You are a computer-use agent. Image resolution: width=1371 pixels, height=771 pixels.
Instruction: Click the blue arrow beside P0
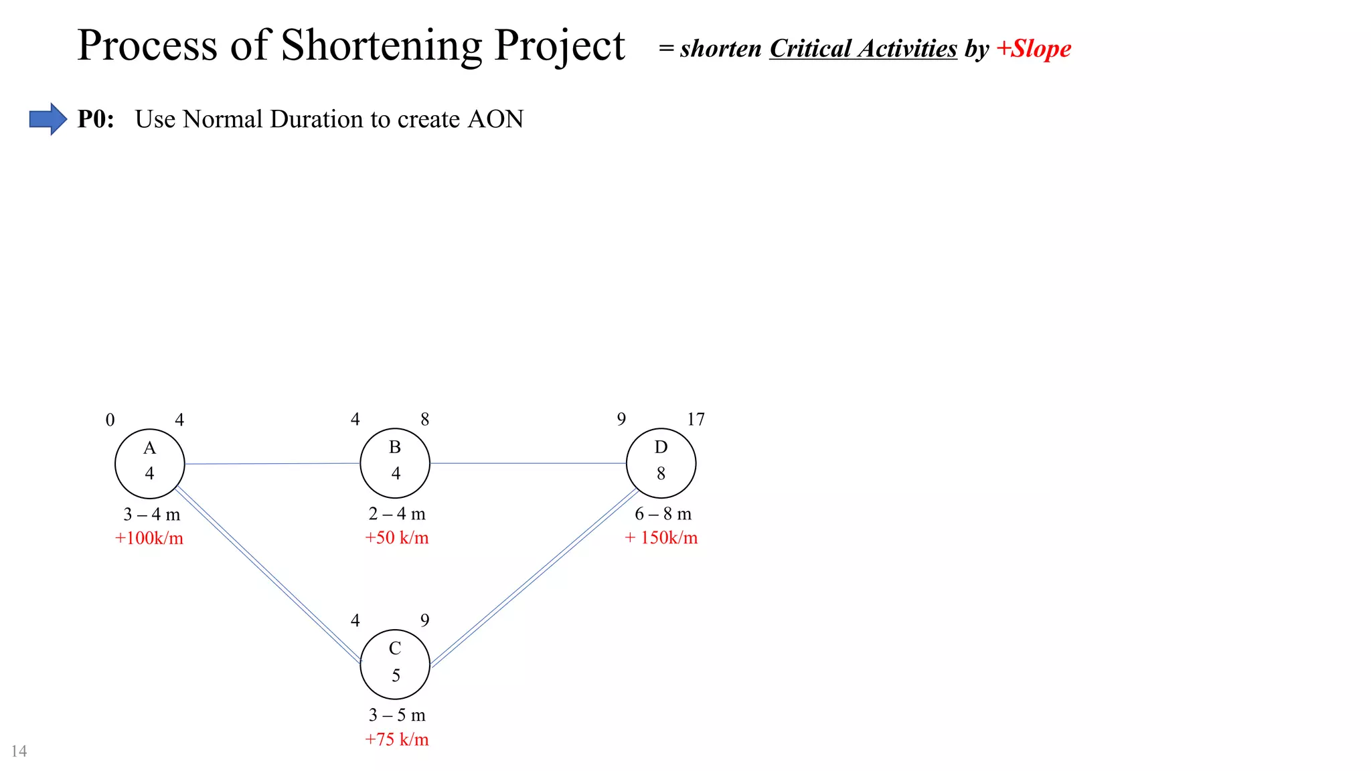click(48, 119)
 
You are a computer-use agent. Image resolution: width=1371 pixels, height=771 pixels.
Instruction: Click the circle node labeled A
click(149, 463)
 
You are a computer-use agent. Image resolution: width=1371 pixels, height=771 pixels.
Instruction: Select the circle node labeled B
click(395, 463)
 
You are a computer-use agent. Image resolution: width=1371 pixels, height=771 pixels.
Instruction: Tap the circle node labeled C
click(395, 665)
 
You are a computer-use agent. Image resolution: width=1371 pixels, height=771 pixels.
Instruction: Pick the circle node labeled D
click(661, 463)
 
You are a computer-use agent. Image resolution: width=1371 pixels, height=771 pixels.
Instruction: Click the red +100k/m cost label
click(149, 538)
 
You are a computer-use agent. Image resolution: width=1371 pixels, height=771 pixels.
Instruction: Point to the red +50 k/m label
click(396, 537)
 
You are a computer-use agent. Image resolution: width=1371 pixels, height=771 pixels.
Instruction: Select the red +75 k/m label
click(396, 739)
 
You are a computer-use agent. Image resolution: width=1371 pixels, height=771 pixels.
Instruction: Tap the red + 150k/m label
click(661, 537)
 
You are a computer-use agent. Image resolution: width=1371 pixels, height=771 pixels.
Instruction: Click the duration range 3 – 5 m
click(396, 715)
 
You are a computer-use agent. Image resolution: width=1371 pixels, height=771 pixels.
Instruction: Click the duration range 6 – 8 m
click(663, 514)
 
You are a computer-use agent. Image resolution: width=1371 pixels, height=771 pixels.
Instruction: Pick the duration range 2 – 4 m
click(396, 514)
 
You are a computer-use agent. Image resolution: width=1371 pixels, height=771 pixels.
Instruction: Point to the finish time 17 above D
click(696, 420)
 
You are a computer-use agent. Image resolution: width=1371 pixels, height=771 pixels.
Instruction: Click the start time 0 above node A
click(110, 420)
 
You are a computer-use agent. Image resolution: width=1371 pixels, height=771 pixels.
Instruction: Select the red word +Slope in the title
click(1034, 49)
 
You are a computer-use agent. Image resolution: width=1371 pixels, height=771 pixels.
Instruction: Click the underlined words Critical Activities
click(863, 49)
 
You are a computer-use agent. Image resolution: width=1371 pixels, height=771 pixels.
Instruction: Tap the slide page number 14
click(19, 751)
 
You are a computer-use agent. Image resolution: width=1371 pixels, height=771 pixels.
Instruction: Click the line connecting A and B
click(272, 463)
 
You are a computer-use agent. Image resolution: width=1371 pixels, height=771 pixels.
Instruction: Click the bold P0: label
click(96, 119)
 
